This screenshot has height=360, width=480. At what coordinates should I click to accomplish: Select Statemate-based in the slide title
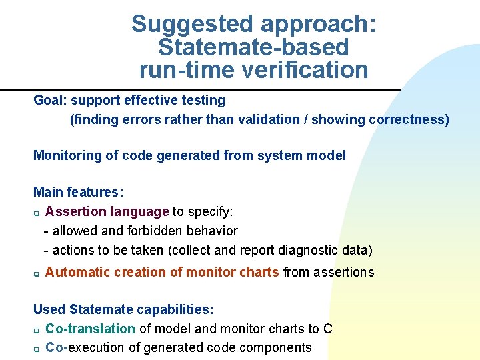click(x=253, y=47)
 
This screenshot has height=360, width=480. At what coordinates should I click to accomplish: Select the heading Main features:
click(x=78, y=193)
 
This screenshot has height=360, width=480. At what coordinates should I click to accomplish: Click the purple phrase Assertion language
click(x=107, y=212)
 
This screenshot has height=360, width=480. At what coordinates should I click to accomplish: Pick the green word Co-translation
click(x=90, y=329)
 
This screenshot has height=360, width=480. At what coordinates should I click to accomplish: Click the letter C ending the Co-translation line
click(x=327, y=329)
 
